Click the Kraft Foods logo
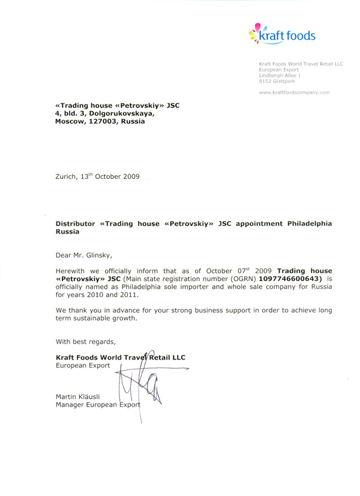tap(281, 35)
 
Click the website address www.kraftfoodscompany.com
tap(295, 93)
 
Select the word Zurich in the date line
tap(67, 177)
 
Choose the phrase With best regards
tap(86, 342)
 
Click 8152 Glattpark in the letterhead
tap(277, 81)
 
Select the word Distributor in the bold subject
tap(76, 223)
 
